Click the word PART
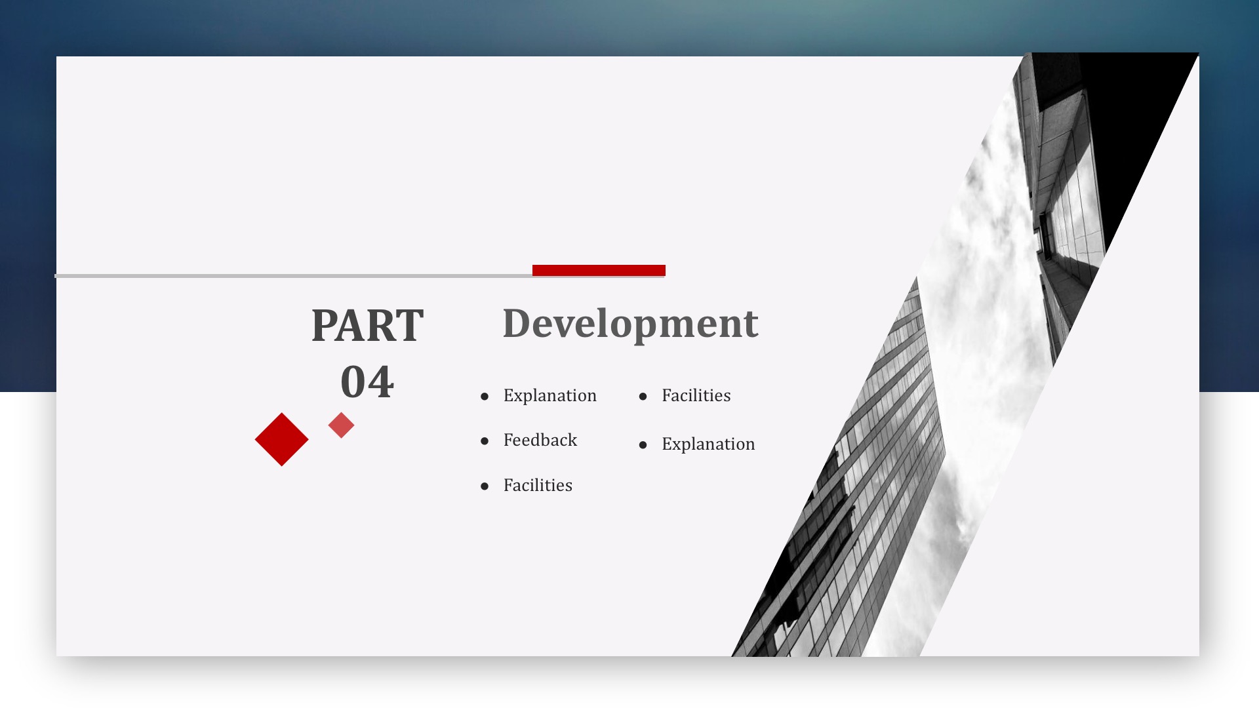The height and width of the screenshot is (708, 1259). click(x=367, y=325)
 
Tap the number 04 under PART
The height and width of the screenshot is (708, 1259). click(x=367, y=382)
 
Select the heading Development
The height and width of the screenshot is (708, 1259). click(x=630, y=324)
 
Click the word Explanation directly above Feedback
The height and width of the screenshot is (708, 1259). click(x=550, y=395)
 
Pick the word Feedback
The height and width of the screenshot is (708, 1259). click(x=540, y=440)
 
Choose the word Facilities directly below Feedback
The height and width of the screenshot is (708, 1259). click(x=538, y=485)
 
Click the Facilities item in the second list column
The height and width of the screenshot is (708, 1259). click(x=696, y=395)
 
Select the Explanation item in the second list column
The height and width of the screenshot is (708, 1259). click(x=708, y=444)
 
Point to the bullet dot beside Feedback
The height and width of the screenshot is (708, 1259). click(x=485, y=441)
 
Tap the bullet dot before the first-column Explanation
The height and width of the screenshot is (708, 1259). click(x=485, y=397)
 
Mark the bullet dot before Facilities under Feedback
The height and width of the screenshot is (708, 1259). click(x=485, y=486)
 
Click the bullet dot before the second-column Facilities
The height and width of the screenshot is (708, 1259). click(x=643, y=397)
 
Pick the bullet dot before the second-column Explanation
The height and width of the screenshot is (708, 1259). click(x=643, y=445)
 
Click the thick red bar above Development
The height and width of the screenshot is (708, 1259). click(x=599, y=270)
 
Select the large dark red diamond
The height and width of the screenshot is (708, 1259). click(x=282, y=439)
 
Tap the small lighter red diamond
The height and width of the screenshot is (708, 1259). click(x=341, y=425)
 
